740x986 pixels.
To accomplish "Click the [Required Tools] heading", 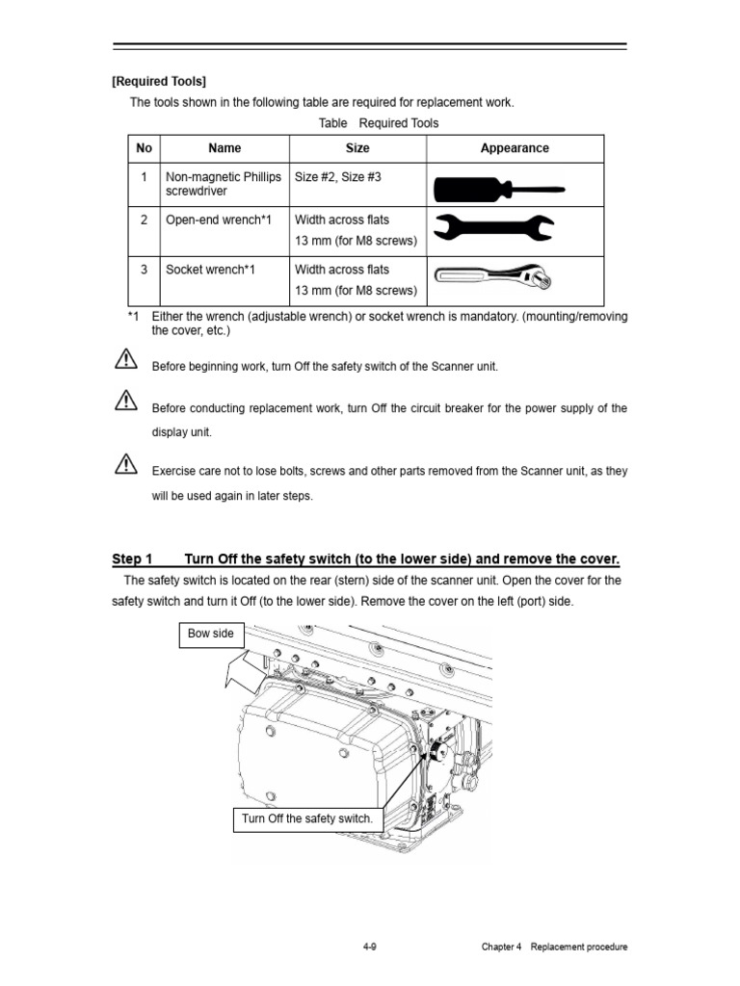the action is point(159,81).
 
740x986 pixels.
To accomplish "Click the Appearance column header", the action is point(515,148).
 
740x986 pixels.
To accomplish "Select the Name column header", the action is point(225,148).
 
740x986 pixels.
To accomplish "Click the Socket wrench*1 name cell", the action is point(212,270).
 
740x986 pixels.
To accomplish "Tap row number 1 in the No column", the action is point(144,177).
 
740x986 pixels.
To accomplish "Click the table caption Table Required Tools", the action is point(378,123).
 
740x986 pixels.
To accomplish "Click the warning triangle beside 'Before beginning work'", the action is point(125,362).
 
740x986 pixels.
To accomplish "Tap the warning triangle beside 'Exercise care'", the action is point(125,466).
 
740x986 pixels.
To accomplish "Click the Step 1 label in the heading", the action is point(132,559).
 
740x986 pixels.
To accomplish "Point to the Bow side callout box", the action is point(212,636).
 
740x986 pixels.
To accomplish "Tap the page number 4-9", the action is point(369,947).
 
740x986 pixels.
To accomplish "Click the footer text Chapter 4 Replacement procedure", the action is point(554,947).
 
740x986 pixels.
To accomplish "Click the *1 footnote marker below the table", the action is point(133,317).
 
